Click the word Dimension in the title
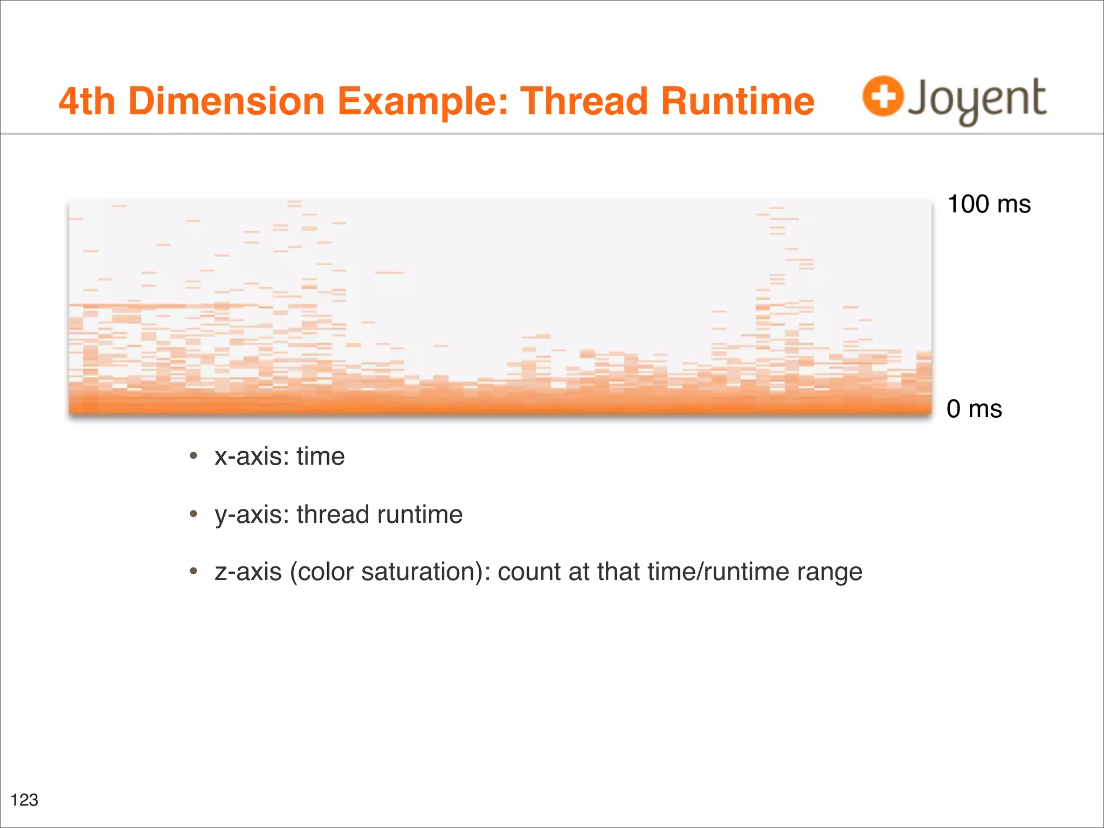[x=226, y=101]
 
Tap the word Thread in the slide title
[x=583, y=101]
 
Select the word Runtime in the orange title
[x=737, y=101]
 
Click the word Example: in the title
[x=423, y=102]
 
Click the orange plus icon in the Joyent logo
[x=882, y=96]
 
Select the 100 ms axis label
[x=989, y=204]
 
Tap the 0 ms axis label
[x=974, y=409]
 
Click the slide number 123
[x=25, y=800]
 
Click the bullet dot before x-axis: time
[x=194, y=456]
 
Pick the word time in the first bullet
[x=320, y=457]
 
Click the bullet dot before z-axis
[x=194, y=571]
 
